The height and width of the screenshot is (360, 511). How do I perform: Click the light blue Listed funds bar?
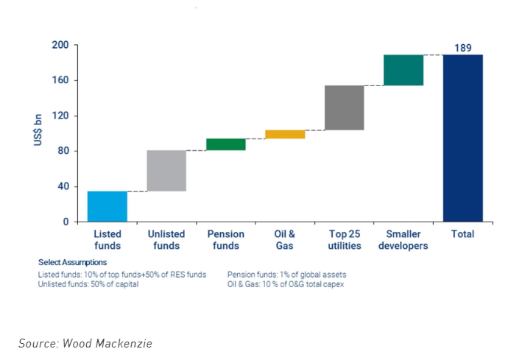107,206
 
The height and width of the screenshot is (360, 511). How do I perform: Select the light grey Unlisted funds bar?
166,171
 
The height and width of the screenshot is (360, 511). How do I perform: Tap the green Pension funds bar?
225,144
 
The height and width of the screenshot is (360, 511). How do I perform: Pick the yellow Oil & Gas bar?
285,134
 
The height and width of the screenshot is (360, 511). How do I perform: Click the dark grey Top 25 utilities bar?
344,107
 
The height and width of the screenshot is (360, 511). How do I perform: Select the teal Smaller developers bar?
403,70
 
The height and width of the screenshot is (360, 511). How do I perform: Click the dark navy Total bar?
462,138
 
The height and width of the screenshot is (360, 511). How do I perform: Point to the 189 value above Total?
462,48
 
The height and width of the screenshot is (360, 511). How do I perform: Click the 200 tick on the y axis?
60,45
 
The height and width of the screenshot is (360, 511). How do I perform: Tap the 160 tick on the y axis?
60,80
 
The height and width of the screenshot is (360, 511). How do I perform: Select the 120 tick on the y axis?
60,116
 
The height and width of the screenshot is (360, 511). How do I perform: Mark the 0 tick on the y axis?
66,222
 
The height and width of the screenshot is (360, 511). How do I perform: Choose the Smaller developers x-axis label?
403,240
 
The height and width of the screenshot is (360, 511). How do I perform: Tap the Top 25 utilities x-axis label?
344,240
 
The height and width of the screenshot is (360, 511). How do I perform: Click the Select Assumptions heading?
72,262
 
